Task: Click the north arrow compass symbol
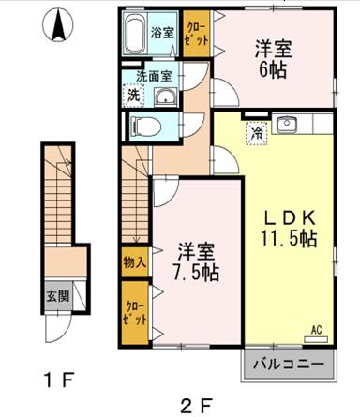58,24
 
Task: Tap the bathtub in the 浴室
134,34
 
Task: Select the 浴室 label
162,32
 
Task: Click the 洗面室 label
154,76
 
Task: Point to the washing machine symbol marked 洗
134,95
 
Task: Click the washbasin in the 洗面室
166,97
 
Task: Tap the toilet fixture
145,127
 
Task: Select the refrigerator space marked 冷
257,134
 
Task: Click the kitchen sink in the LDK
286,124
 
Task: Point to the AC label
316,330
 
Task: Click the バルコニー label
288,365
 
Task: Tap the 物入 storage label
135,262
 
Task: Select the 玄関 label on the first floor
58,295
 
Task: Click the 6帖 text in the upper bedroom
272,71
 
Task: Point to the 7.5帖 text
196,274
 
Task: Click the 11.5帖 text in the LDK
290,239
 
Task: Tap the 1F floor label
59,380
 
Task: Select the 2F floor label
197,406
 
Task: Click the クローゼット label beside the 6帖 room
197,35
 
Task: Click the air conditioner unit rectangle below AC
316,339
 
